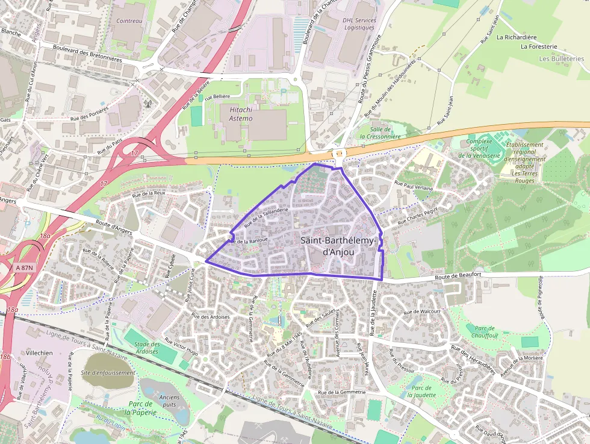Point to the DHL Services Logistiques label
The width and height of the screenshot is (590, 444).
pos(359,23)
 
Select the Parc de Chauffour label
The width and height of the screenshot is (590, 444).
pos(482,331)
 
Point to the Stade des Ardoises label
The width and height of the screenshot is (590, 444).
pos(142,348)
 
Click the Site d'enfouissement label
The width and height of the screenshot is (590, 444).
pos(108,372)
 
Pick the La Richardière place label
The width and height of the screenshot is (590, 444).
pos(517,37)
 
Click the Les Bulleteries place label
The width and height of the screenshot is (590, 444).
pos(561,59)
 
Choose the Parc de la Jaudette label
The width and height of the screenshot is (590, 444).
pos(421,391)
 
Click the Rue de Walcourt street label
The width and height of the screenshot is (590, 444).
pos(422,311)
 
